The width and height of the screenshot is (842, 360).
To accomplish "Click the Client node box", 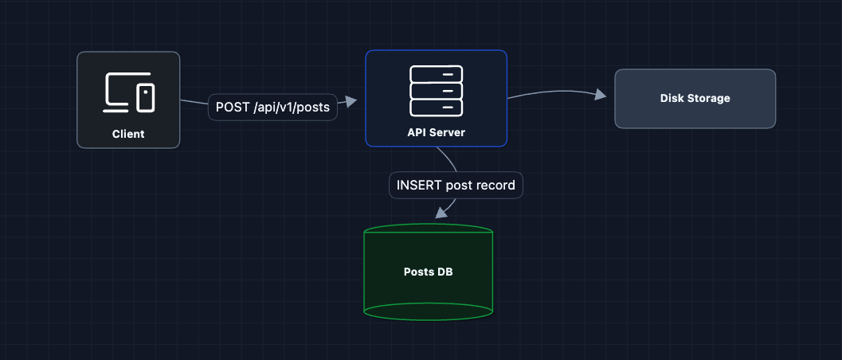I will click(128, 100).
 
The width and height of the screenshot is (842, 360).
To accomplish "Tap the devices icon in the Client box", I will click(129, 92).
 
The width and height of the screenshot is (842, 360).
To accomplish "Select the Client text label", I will click(128, 134).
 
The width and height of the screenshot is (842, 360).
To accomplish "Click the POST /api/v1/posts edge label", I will click(272, 107).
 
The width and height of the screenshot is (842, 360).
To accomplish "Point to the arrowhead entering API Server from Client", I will click(351, 101).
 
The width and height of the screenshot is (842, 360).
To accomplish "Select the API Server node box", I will click(436, 98).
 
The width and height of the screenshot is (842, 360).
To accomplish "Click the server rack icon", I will click(436, 90).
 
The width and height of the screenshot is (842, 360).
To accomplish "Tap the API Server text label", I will click(436, 132).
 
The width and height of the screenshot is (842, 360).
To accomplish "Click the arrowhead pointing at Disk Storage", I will click(601, 96).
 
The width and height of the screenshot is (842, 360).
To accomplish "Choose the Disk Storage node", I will click(695, 99).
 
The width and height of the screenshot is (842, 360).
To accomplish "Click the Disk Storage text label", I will click(695, 99).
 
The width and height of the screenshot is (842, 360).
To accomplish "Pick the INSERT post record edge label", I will click(456, 185).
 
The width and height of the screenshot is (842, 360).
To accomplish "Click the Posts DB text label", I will click(428, 272).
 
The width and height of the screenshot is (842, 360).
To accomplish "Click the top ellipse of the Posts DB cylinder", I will click(428, 232).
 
